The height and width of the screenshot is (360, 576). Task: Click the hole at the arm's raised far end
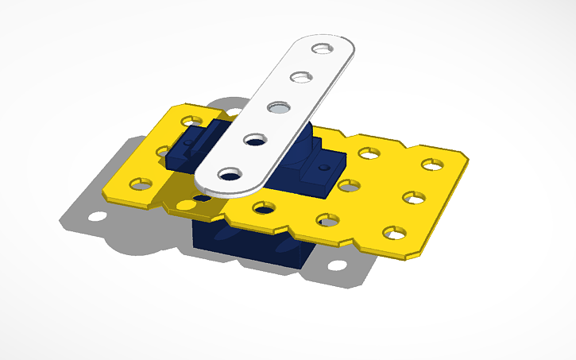coord(322,48)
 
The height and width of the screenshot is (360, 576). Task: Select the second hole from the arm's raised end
coord(300,78)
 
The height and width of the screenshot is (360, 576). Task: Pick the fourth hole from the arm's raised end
coord(255,140)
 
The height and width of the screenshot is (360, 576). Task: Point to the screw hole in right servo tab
coord(323,168)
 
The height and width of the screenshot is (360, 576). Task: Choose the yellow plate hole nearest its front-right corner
coord(392,233)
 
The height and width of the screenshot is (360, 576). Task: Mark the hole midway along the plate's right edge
coord(412,197)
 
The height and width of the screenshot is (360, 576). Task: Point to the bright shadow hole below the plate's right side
coord(338,264)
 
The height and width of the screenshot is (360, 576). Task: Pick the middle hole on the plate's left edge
coord(164,150)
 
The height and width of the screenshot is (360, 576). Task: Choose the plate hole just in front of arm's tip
coord(263,208)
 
